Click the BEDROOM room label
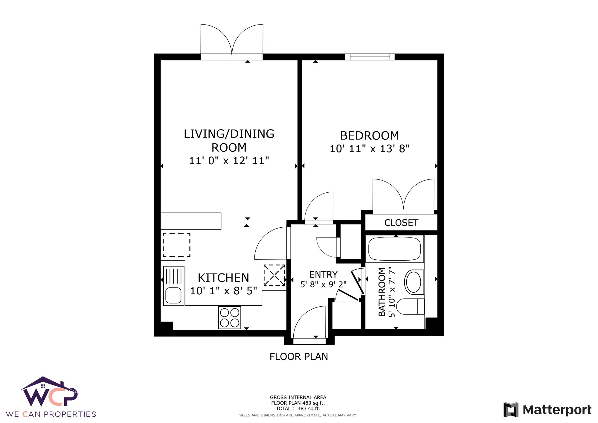(369, 136)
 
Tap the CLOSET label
(401, 223)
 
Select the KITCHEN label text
(223, 278)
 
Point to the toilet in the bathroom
(410, 307)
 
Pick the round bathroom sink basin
(414, 282)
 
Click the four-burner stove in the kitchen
(229, 318)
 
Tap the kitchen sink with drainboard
(173, 286)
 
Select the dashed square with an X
(274, 275)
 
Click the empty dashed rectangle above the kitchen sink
(176, 245)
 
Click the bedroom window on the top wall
(370, 57)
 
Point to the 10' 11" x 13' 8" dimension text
(370, 149)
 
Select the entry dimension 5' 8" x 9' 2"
(323, 284)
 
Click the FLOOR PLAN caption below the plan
(299, 357)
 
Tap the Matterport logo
(547, 410)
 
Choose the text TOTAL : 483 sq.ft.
(298, 409)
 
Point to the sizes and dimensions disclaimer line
(298, 415)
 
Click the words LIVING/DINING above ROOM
(229, 134)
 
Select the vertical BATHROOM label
(382, 292)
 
